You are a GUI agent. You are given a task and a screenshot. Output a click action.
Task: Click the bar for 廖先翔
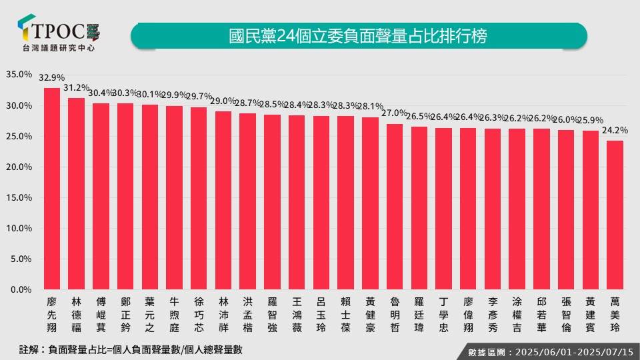coord(52,189)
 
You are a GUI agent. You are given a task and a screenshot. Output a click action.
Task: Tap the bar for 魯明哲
coord(395,207)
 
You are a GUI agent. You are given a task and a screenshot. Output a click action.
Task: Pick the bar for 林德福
coord(77,194)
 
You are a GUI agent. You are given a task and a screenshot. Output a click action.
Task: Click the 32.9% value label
coord(52,78)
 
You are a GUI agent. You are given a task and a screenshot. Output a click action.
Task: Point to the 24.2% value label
coord(615,131)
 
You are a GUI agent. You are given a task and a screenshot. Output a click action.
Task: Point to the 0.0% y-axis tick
coord(21,290)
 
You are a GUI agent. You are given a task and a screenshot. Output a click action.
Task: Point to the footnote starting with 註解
coord(126,349)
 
